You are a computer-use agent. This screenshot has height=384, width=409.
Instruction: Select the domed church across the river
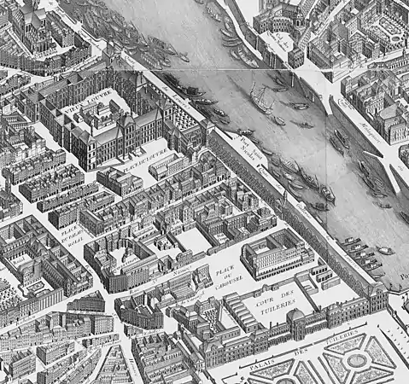point(287,13)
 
